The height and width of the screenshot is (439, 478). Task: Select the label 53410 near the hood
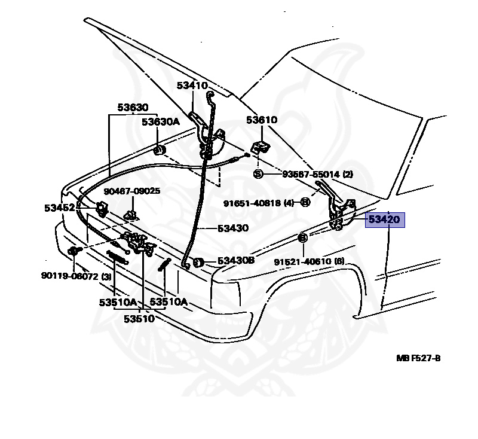tap(192, 86)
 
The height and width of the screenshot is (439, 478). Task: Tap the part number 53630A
tap(160, 122)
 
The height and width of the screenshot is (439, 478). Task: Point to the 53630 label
tap(132, 108)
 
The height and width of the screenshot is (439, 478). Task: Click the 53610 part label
tap(261, 120)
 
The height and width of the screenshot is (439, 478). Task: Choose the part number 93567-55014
tap(304, 174)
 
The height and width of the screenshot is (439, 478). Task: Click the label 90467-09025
tap(131, 191)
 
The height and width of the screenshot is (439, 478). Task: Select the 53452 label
tap(59, 208)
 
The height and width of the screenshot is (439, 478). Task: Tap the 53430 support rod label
tap(233, 228)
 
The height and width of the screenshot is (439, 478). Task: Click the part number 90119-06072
tap(71, 276)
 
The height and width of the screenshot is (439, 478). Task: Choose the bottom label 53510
tap(139, 319)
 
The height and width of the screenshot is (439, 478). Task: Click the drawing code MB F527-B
tap(418, 358)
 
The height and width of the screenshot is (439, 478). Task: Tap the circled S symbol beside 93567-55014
tap(258, 174)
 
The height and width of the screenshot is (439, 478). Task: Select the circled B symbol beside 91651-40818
tap(305, 202)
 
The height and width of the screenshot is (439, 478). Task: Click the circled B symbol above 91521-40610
tap(302, 238)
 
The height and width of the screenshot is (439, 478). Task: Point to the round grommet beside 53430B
tap(200, 261)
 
